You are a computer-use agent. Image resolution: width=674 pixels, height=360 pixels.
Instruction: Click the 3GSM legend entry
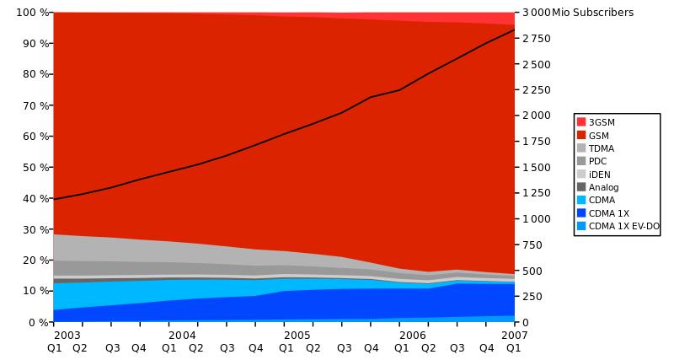click(x=601, y=122)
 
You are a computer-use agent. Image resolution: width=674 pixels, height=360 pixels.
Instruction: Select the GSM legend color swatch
click(x=581, y=135)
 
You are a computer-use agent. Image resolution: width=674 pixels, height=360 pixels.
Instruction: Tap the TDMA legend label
click(x=601, y=148)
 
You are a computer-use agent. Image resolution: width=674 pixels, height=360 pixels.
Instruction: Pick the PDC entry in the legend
click(x=597, y=161)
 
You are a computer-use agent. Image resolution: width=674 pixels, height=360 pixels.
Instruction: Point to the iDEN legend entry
click(x=599, y=175)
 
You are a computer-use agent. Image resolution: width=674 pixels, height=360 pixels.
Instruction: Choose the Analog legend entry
click(x=603, y=187)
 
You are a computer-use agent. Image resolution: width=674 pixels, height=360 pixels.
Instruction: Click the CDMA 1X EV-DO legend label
click(x=623, y=226)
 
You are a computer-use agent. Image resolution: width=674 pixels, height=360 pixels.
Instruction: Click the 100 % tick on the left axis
click(x=26, y=13)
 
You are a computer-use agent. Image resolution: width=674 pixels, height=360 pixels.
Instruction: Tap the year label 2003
click(x=67, y=335)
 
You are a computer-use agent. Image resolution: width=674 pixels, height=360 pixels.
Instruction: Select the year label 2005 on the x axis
click(x=297, y=335)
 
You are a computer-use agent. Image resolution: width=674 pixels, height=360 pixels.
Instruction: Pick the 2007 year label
click(x=515, y=335)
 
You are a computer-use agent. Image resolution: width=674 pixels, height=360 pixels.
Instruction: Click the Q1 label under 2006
click(x=399, y=347)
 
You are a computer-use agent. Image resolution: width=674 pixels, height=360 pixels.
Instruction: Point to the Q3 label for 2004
click(x=227, y=347)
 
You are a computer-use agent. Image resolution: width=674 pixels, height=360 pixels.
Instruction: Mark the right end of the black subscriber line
click(x=515, y=30)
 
